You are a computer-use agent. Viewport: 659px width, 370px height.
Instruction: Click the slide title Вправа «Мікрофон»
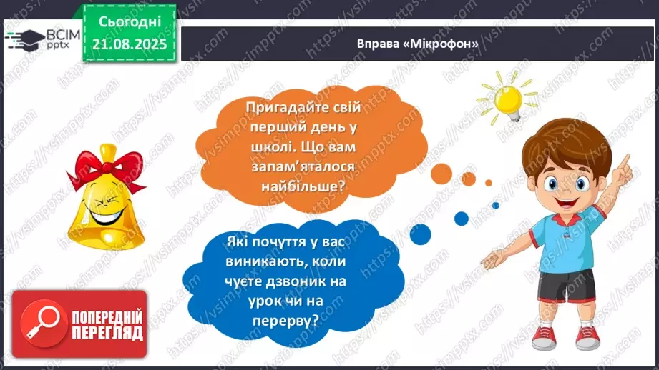pos(417,43)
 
